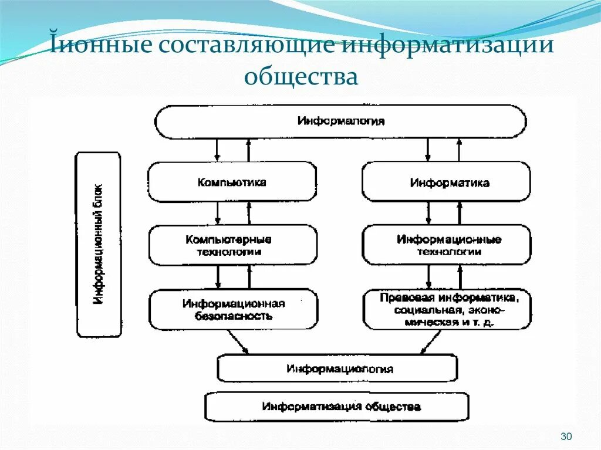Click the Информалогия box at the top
tap(340, 121)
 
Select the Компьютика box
tap(232, 182)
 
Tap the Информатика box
tap(446, 182)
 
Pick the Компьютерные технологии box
tap(232, 245)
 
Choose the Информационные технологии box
tap(446, 245)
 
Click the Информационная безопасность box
tap(233, 309)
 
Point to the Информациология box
tap(337, 368)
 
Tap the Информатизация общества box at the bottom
tap(337, 407)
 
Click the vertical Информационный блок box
tap(99, 245)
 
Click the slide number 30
tap(566, 436)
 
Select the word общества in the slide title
tap(301, 76)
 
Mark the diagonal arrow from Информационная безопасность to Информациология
tap(238, 341)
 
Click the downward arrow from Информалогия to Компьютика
tap(218, 150)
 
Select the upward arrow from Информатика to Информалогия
tap(459, 150)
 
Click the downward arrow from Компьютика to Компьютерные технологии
tap(218, 214)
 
